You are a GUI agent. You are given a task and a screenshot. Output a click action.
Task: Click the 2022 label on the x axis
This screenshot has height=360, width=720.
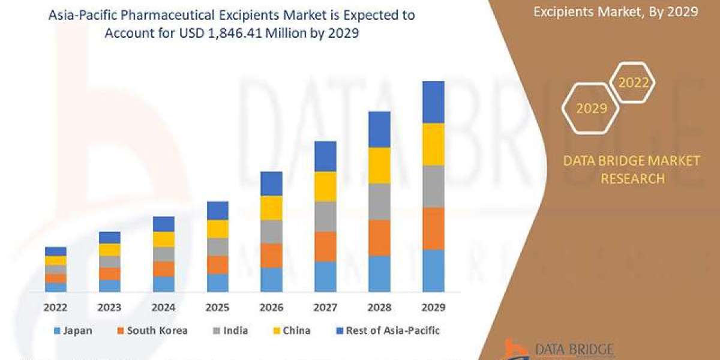tap(55, 307)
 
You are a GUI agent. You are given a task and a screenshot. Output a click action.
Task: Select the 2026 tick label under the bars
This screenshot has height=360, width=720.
tap(271, 307)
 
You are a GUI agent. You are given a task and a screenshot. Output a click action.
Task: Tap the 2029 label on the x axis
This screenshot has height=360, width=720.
tap(433, 307)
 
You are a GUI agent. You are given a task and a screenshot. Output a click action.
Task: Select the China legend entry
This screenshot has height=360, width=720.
tap(293, 331)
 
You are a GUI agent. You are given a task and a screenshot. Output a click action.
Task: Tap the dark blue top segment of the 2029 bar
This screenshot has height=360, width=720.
tap(433, 102)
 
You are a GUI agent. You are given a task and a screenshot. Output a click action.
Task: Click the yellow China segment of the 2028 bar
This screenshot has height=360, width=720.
tap(379, 165)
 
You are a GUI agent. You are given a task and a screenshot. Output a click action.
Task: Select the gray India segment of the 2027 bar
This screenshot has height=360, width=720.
tap(325, 217)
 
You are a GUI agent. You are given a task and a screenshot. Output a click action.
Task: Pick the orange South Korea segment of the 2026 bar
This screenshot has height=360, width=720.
tap(271, 255)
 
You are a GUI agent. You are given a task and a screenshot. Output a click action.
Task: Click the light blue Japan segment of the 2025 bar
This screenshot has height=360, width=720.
tap(217, 283)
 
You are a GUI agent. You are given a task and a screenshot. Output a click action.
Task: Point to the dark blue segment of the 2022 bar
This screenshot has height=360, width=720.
tap(55, 251)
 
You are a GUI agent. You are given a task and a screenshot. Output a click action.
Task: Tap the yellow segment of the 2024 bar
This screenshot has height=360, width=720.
tap(163, 239)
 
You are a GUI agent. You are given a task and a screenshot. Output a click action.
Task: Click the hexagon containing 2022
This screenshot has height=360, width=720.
tap(633, 83)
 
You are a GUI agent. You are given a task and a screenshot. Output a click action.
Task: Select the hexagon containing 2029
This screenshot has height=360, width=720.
tap(592, 109)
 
